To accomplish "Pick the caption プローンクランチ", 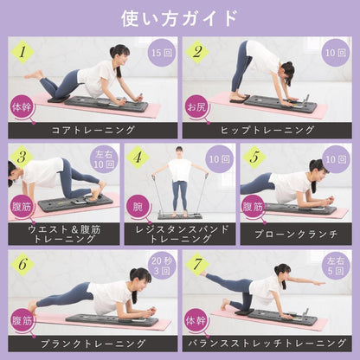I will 295,234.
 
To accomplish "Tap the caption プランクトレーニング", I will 90,341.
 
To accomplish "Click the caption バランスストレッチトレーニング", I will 267,341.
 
